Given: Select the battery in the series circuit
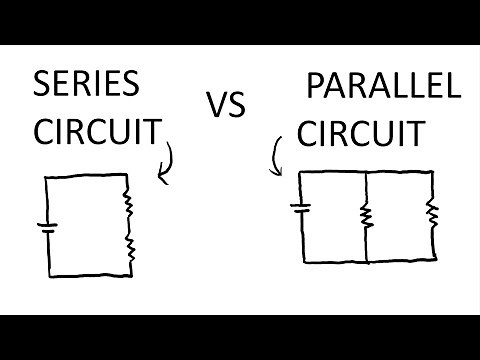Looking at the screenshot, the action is point(47,226).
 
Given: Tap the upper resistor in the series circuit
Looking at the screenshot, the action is point(128,204).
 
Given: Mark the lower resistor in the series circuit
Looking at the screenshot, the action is point(128,247).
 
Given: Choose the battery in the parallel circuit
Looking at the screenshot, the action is point(300,209).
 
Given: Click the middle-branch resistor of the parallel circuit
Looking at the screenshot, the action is point(367,214).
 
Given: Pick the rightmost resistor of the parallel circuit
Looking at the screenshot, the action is point(432,212).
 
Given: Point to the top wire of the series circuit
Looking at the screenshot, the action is point(87,177).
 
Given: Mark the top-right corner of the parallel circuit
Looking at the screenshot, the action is point(433,171).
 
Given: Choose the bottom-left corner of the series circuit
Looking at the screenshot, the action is point(49,275).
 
